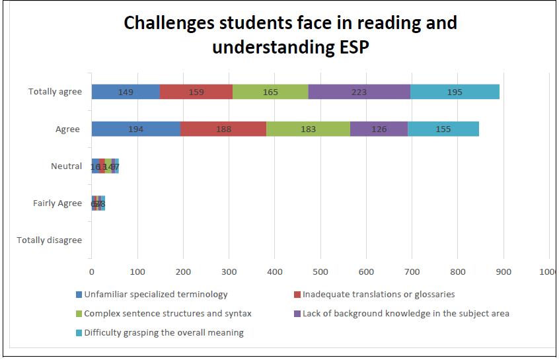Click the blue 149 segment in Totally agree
click(126, 92)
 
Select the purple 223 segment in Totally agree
click(359, 92)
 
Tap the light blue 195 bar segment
click(455, 92)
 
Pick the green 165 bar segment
click(270, 92)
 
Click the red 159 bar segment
click(196, 92)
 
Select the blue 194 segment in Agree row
click(135, 129)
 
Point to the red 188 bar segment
click(223, 129)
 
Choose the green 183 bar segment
click(308, 129)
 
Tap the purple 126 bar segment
click(379, 129)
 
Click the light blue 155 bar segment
click(443, 129)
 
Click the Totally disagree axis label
click(50, 240)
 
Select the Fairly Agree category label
click(57, 203)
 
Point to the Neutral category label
click(66, 166)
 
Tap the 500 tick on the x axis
click(320, 271)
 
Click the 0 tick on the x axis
click(92, 271)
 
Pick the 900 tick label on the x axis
click(503, 271)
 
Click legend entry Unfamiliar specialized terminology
click(155, 295)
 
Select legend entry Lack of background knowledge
click(406, 314)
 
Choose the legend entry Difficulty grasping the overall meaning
click(163, 333)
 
